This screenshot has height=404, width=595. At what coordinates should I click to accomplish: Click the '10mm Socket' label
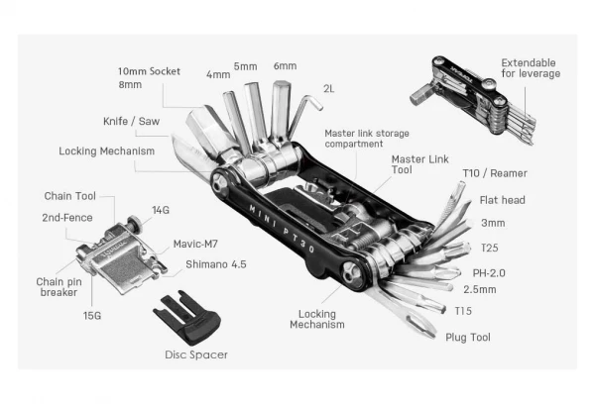[x=149, y=72]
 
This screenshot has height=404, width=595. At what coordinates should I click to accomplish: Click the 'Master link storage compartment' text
[x=367, y=139]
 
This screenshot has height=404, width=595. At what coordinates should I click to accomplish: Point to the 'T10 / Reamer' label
[x=493, y=174]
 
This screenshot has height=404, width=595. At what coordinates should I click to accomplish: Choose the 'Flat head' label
[x=503, y=200]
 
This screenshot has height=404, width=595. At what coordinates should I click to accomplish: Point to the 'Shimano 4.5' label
[x=216, y=264]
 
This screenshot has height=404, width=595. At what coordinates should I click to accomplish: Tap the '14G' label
[x=159, y=210]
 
